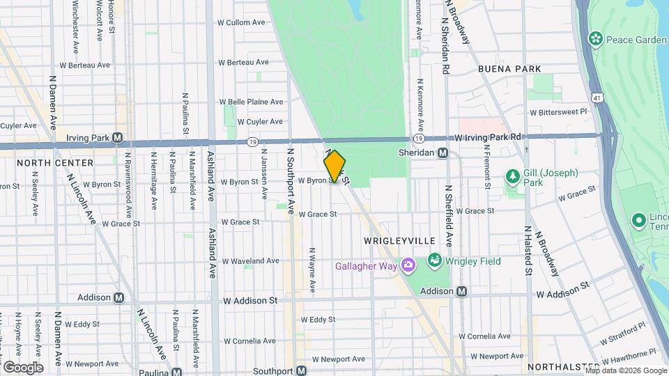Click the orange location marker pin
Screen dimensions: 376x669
click(x=334, y=166)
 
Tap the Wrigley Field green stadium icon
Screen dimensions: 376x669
click(x=435, y=260)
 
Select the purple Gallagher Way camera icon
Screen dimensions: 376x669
click(x=408, y=265)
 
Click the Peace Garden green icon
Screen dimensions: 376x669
click(x=595, y=38)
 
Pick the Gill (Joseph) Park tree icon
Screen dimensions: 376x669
click(x=513, y=176)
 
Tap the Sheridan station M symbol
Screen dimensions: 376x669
click(x=443, y=152)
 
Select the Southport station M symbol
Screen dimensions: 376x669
click(x=302, y=370)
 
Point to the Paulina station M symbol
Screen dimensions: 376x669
click(x=177, y=371)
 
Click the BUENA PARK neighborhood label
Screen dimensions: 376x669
click(x=505, y=69)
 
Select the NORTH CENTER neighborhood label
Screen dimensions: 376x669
click(x=55, y=163)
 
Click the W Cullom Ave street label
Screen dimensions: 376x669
click(x=243, y=22)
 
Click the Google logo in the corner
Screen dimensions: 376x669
click(x=23, y=367)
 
